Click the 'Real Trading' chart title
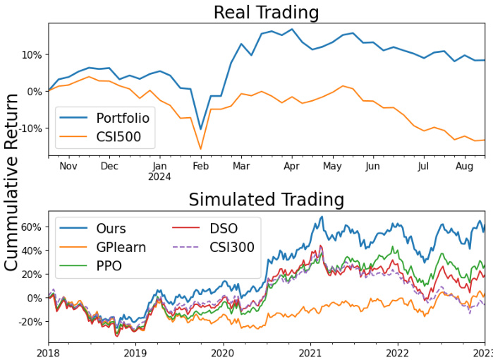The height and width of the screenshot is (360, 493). [x=266, y=12]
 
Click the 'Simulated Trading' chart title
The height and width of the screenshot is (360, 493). [x=266, y=199]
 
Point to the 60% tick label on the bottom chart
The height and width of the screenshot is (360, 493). [x=31, y=227]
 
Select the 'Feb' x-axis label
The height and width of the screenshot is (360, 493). [x=200, y=166]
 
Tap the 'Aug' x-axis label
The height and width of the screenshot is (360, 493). [x=464, y=166]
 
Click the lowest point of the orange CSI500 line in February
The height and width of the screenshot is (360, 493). [x=200, y=149]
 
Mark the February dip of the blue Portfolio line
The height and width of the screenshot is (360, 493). [x=200, y=129]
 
